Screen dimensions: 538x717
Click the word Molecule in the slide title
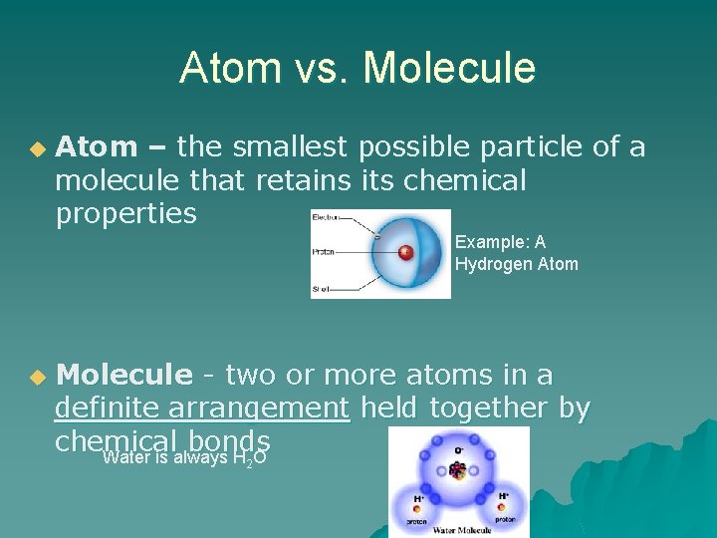click(450, 69)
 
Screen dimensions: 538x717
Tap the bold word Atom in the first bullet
click(97, 147)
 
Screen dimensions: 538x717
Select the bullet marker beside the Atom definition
click(37, 148)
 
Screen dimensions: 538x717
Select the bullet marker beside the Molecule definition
click(37, 378)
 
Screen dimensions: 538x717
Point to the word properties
click(125, 214)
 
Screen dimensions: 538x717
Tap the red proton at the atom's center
click(405, 252)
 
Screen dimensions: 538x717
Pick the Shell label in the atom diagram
click(322, 289)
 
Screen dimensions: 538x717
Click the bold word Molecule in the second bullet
click(123, 376)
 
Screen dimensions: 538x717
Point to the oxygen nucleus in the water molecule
click(458, 469)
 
